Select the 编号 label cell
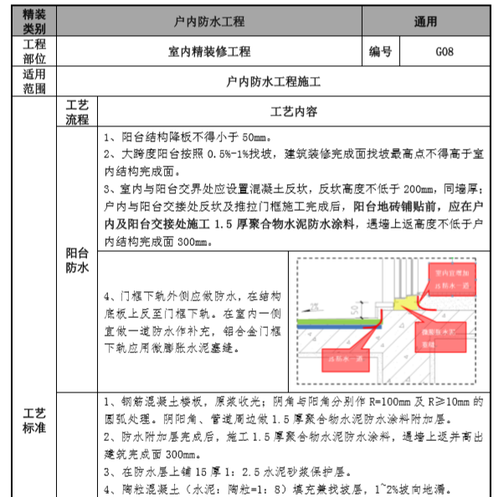coord(380,52)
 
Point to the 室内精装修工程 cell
coord(209,52)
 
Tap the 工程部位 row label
coord(34,52)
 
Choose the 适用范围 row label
coord(34,83)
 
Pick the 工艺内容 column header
coord(292,111)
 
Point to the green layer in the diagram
coord(335,321)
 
